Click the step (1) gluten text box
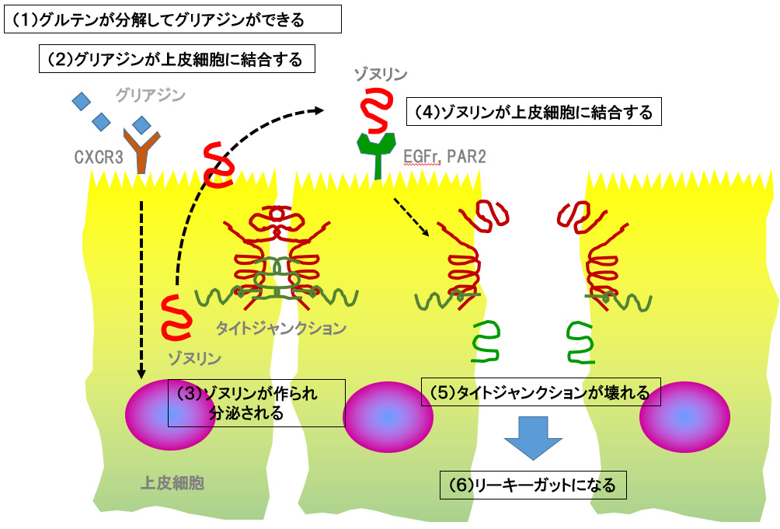(x=172, y=19)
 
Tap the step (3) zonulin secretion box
(x=256, y=402)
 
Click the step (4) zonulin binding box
(x=535, y=112)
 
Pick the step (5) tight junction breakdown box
(x=540, y=392)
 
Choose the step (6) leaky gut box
(x=532, y=485)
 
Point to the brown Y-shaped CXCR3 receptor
(x=142, y=151)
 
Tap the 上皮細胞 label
(x=172, y=482)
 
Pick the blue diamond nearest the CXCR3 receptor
(x=141, y=124)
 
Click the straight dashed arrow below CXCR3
(x=142, y=287)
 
